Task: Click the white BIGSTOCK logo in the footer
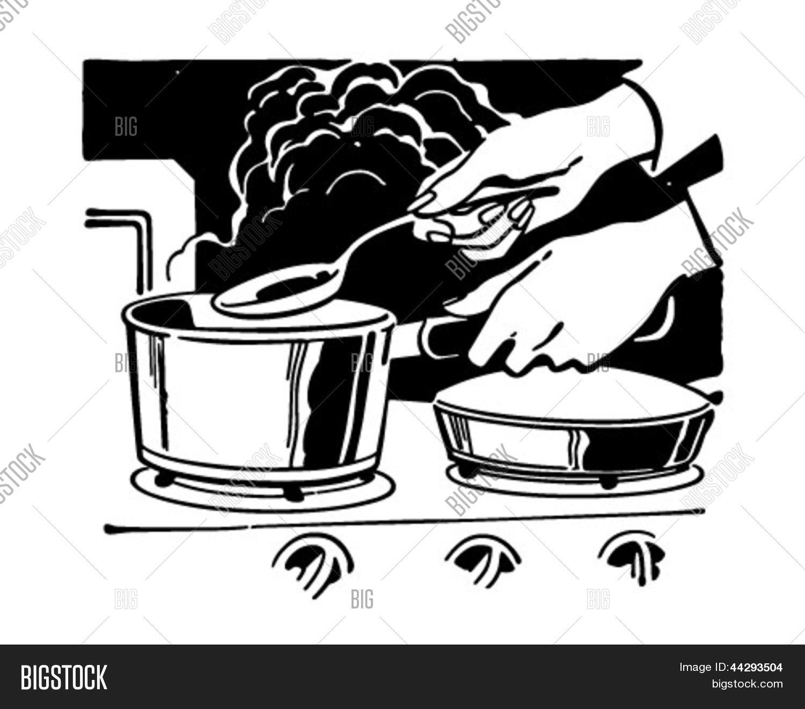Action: (64, 677)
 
